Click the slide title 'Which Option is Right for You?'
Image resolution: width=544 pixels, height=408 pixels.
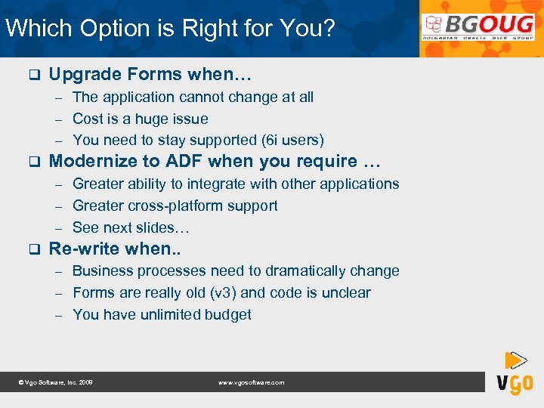tap(170, 29)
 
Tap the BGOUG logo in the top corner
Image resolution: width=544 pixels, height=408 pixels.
tap(478, 29)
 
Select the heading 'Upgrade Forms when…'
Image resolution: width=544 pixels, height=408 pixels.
tap(150, 74)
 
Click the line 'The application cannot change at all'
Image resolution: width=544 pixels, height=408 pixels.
tap(193, 97)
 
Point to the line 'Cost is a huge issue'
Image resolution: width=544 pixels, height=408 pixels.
tap(140, 119)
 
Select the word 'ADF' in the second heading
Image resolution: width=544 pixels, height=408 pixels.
tap(182, 161)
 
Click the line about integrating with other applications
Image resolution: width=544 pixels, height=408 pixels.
tap(236, 184)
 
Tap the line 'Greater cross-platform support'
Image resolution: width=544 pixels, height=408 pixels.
tap(175, 206)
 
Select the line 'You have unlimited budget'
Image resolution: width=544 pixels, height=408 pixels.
tap(162, 314)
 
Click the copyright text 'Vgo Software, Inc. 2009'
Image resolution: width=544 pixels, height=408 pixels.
tap(55, 383)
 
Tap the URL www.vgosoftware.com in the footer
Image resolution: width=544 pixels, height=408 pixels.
tap(251, 383)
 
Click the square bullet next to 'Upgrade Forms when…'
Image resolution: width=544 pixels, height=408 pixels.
tap(32, 75)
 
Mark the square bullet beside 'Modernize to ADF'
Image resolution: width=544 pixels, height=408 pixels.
tap(32, 162)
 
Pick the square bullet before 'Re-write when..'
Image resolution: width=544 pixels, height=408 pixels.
tap(32, 249)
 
